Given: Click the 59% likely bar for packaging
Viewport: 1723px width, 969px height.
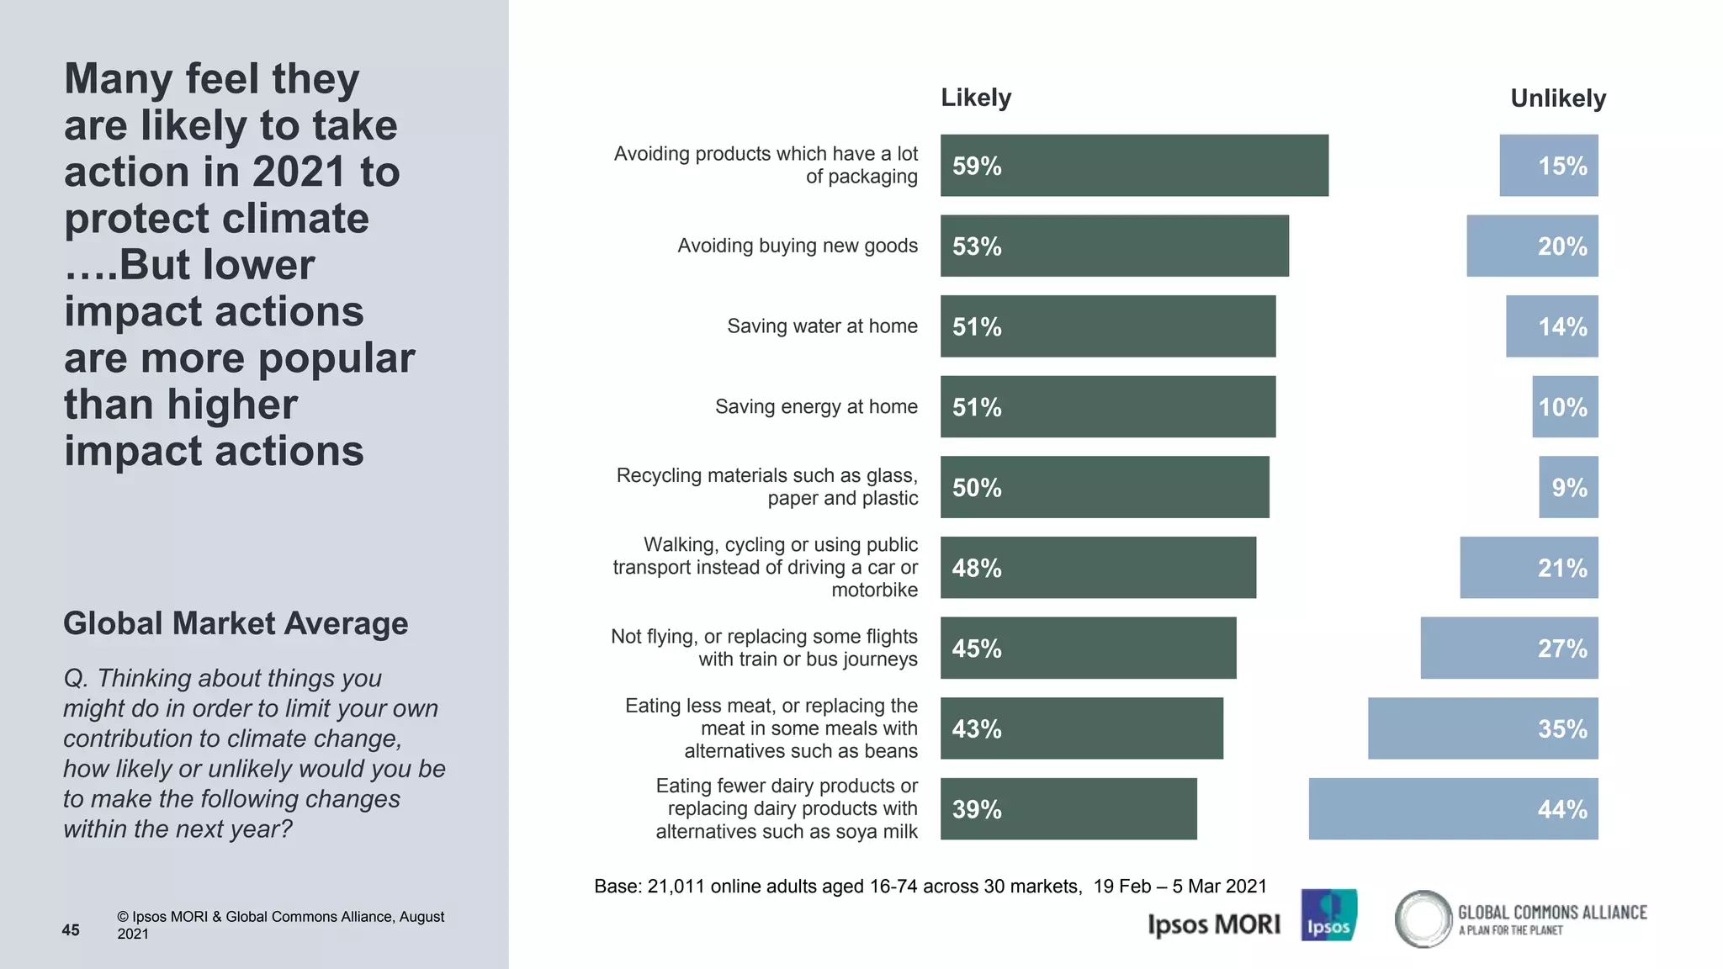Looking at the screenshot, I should click(1134, 166).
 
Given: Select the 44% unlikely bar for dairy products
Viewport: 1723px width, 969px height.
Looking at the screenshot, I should click(1453, 809).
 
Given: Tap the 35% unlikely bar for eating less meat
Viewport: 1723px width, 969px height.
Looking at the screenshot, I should click(1482, 728).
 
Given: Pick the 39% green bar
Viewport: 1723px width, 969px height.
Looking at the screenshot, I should click(1068, 809).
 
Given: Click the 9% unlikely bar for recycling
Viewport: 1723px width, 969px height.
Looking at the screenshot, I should click(1568, 488).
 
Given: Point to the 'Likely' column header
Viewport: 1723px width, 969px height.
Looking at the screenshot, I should click(976, 98).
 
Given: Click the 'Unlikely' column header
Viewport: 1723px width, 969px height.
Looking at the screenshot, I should click(1558, 98).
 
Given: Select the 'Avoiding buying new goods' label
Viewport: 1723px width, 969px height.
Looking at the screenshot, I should click(798, 246).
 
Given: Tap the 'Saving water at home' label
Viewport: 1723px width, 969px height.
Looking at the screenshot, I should click(822, 326).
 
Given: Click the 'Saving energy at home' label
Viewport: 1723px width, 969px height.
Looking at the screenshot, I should click(816, 407).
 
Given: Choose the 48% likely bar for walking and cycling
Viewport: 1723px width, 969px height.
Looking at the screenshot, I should click(1098, 568).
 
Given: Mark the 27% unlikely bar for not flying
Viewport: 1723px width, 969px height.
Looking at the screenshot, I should click(1509, 649).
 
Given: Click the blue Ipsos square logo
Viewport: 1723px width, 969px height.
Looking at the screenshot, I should click(1328, 915).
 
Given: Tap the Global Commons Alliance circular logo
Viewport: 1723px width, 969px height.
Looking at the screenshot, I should click(1423, 919).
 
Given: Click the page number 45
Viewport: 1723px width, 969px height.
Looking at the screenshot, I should click(71, 930).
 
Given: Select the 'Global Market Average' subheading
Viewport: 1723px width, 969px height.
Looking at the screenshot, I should click(236, 624).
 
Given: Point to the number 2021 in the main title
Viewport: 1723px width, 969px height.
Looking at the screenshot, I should click(299, 172).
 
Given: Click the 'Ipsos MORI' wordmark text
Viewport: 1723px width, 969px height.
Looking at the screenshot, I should click(1213, 925).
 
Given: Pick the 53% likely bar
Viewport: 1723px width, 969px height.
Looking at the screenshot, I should click(1115, 246).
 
